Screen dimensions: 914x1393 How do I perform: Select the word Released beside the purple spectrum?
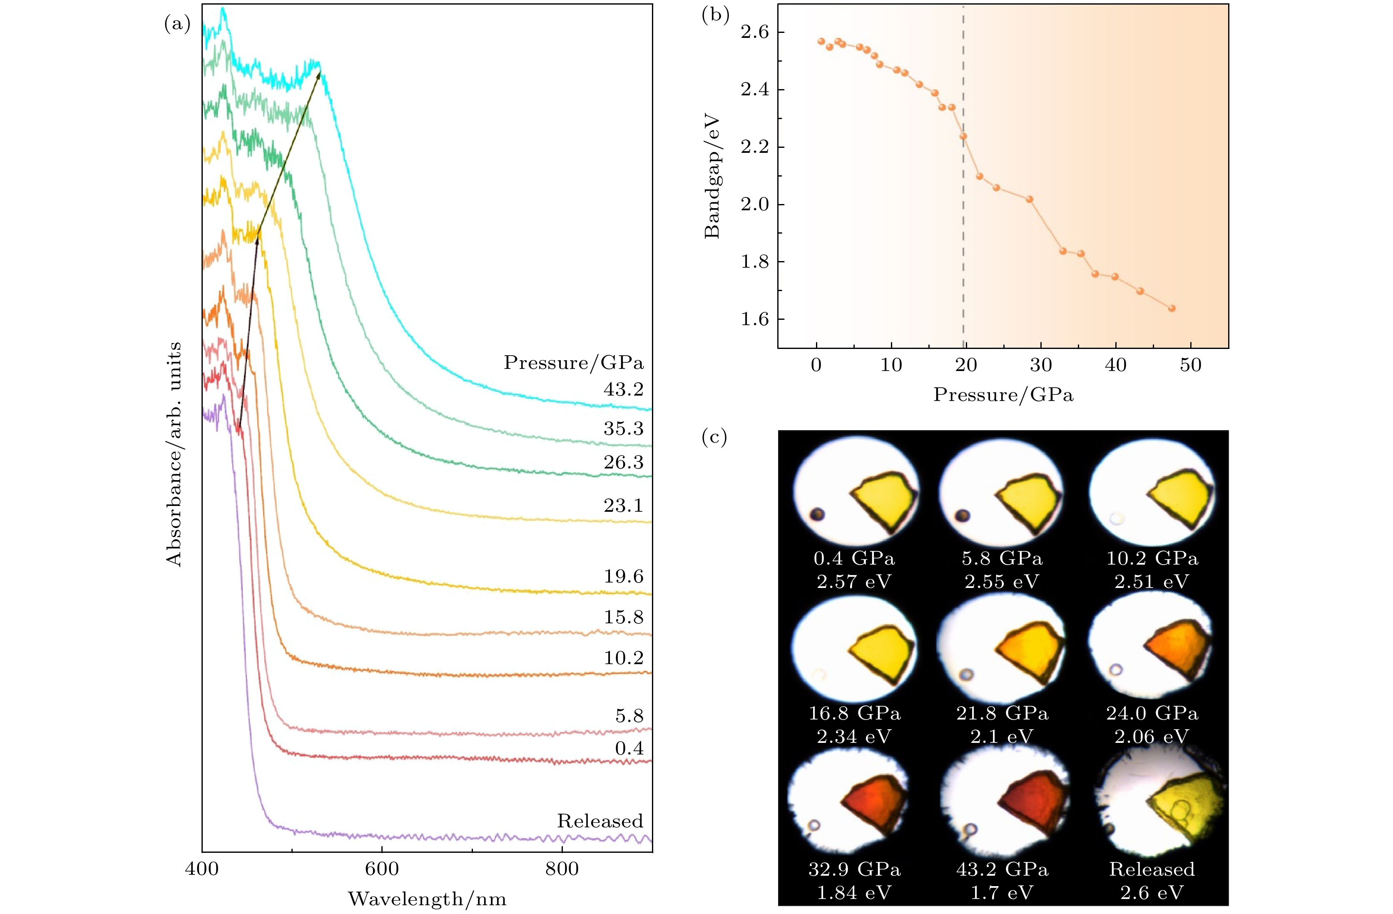click(x=599, y=821)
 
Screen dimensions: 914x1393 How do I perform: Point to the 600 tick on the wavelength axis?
click(x=382, y=868)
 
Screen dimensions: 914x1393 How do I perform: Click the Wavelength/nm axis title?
click(x=427, y=899)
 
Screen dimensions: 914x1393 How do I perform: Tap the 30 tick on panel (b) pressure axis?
click(x=1041, y=365)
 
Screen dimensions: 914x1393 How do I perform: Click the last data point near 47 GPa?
click(x=1172, y=308)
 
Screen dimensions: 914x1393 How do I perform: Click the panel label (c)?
click(x=714, y=437)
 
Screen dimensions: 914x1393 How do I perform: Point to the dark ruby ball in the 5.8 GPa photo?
click(x=962, y=516)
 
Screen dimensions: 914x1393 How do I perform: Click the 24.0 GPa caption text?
click(x=1152, y=713)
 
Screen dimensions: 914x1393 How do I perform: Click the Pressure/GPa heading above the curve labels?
click(x=574, y=363)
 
